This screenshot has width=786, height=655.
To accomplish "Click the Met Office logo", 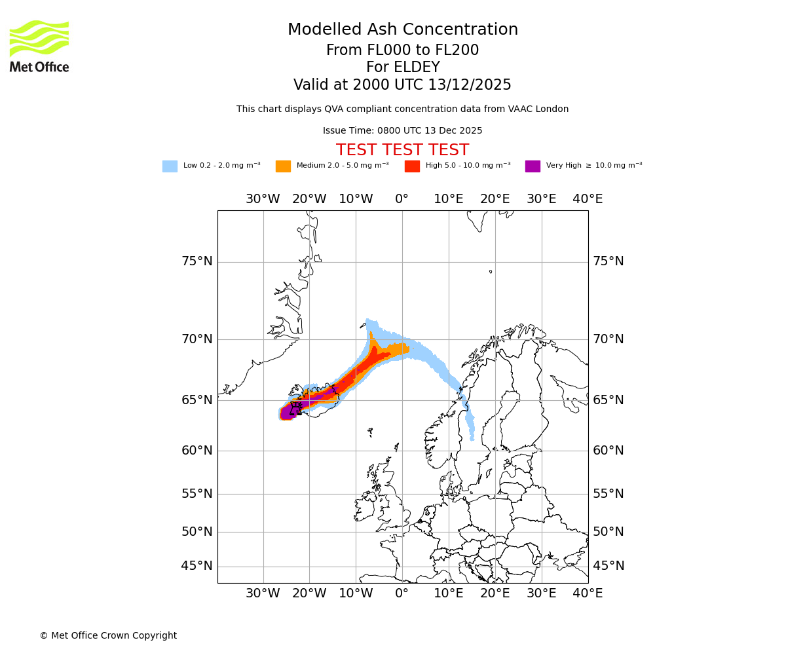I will [39, 46].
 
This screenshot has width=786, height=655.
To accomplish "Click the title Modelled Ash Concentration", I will [402, 30].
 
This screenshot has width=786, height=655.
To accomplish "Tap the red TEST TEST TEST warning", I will [402, 151].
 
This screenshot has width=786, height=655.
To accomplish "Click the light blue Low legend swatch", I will [170, 166].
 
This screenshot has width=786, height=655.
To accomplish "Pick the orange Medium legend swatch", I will [283, 166].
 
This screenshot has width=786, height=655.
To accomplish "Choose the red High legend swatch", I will [412, 166].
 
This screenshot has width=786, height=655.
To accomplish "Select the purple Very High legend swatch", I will [533, 166].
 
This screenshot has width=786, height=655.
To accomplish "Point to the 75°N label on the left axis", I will [196, 261].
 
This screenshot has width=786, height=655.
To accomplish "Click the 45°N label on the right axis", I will [608, 566].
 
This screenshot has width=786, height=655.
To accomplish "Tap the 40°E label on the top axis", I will [588, 199].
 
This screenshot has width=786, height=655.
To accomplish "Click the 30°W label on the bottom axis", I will [263, 593].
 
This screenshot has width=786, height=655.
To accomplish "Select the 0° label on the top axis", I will [402, 199].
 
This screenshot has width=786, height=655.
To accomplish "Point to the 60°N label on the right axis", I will [608, 451].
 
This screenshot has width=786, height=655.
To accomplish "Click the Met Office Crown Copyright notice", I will [108, 636].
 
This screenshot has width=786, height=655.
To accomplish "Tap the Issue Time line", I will [402, 131].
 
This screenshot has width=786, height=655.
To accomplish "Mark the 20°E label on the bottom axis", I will [495, 593].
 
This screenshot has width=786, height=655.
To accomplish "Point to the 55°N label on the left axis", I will [196, 494].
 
